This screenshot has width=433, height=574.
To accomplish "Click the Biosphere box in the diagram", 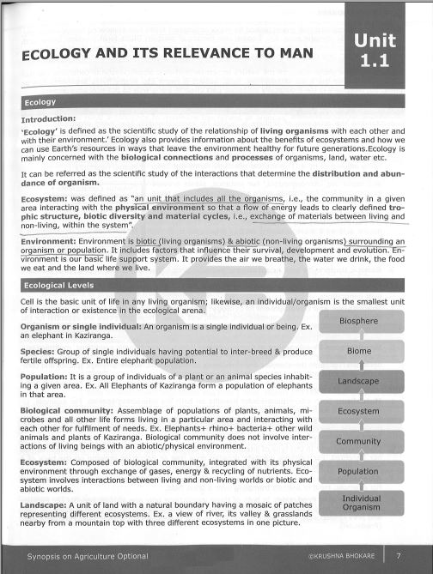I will pos(357,322).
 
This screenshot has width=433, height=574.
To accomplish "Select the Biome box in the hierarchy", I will pos(357,351).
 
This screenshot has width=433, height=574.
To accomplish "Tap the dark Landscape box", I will pos(357,381).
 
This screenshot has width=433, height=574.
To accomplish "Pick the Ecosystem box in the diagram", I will pos(357,411).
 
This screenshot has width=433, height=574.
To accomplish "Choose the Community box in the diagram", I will pos(357,441).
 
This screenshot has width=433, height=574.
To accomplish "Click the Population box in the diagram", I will pos(357,471).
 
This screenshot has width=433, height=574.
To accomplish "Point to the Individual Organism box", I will pos(357,502).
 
